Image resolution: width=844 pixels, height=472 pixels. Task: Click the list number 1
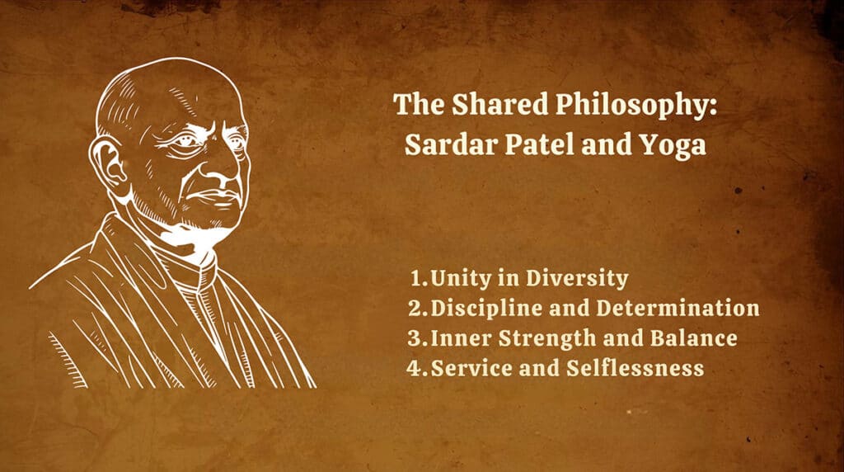[x=414, y=279]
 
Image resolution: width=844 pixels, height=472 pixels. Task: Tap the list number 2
[x=414, y=309]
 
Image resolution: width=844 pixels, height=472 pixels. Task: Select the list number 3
[x=414, y=338]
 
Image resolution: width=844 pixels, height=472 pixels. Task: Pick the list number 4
[x=414, y=368]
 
